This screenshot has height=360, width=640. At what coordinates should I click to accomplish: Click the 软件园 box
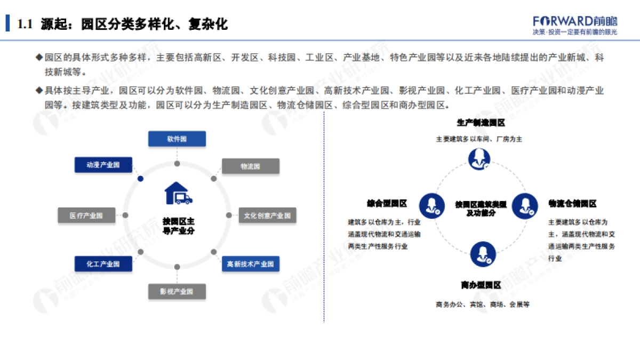coord(177,139)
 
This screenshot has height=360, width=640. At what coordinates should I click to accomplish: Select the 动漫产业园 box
coord(103,165)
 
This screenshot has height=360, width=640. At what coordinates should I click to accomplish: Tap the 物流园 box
coord(250,166)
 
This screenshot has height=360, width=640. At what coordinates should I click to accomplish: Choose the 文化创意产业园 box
coord(267,215)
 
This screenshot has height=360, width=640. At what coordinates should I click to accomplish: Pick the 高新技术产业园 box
coord(250,264)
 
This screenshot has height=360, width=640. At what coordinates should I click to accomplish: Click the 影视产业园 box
coord(177,292)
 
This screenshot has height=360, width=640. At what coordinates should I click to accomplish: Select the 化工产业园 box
coord(103,263)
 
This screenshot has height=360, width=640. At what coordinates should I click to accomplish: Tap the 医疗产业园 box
coord(86,215)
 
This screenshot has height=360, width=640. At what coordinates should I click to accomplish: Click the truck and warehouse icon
coord(178,193)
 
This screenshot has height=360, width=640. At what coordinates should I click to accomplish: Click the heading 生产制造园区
coord(481,123)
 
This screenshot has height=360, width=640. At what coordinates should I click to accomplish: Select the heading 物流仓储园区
coord(572,203)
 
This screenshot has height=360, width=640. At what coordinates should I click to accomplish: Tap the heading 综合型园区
coord(387,203)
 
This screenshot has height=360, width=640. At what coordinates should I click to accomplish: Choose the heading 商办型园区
coord(481,285)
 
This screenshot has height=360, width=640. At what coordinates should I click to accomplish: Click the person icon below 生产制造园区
coord(479,158)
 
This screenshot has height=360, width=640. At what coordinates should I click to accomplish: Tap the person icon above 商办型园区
coord(483,254)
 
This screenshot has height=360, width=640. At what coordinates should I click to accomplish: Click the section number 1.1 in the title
coord(25,24)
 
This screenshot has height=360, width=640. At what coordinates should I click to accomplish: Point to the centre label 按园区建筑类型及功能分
coord(481,209)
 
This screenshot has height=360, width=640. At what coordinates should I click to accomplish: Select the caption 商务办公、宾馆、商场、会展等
coord(482,305)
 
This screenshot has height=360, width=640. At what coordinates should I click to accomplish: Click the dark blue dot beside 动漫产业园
coord(140,179)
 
